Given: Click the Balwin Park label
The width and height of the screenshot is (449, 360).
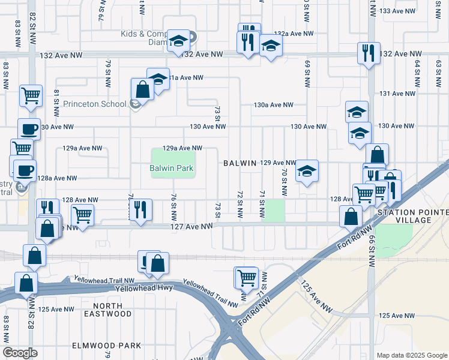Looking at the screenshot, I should [x=171, y=168].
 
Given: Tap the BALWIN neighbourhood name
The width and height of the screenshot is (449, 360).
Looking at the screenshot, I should [x=240, y=163].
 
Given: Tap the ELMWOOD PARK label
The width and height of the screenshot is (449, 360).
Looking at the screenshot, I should [x=106, y=345].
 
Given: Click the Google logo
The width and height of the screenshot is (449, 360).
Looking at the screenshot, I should [x=20, y=352].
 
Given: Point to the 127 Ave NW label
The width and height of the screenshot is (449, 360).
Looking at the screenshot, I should [x=194, y=226].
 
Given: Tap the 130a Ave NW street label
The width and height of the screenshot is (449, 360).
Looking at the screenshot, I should [x=273, y=104].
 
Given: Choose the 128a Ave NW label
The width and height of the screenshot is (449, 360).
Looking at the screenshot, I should [x=57, y=178].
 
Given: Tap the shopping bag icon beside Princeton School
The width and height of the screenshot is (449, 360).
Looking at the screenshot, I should [x=143, y=89].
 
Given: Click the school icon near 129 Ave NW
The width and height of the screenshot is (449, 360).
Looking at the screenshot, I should [x=307, y=171].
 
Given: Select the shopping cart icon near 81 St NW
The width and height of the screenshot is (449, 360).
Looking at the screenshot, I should [x=30, y=95].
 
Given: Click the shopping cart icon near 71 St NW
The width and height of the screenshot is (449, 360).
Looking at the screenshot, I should [x=246, y=277].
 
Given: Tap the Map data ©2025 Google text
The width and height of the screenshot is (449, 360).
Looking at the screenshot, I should [x=411, y=355].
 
